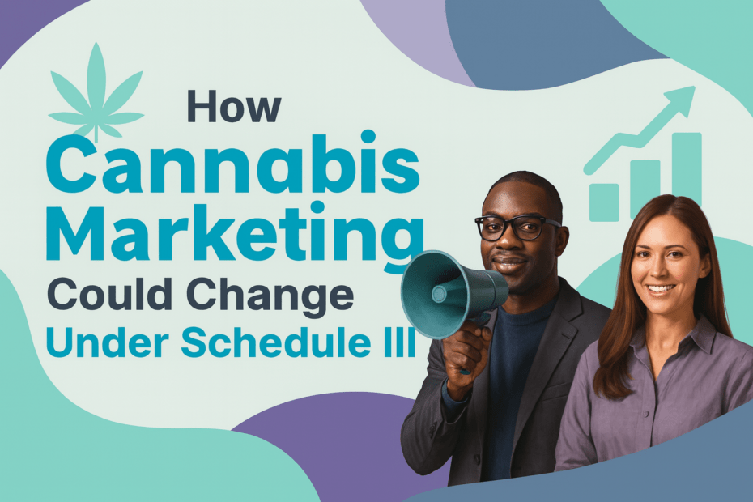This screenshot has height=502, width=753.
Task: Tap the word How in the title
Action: [234, 107]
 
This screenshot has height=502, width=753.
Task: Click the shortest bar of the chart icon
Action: [604, 202]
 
